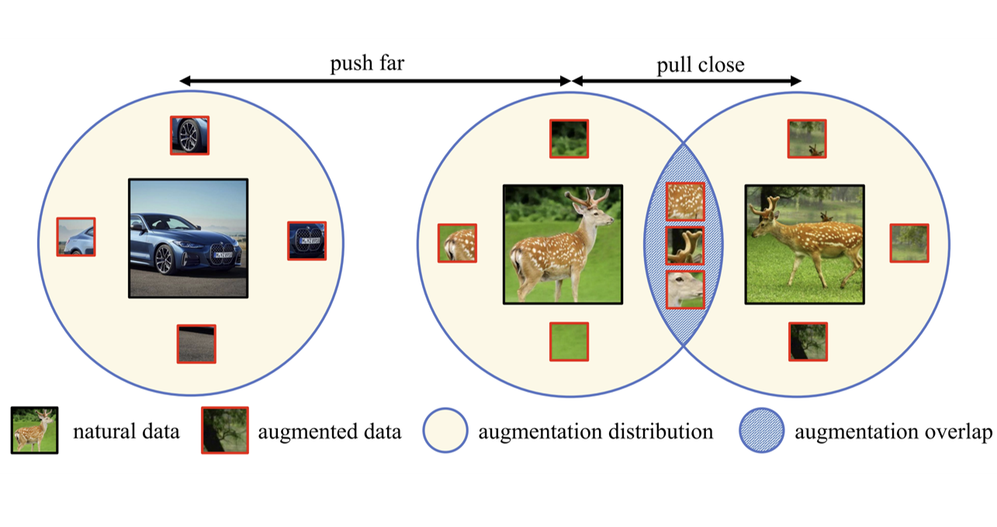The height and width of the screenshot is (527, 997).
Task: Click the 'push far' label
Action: (x=367, y=63)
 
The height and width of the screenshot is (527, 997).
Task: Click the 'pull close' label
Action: (x=701, y=65)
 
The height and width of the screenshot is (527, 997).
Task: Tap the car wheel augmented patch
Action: (x=189, y=136)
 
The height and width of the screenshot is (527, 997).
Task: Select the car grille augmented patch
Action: (x=306, y=240)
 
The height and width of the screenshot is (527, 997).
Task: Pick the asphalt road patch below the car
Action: (x=196, y=344)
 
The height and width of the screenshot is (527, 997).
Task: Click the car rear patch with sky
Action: (x=76, y=236)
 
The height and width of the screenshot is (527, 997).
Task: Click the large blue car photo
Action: (x=189, y=239)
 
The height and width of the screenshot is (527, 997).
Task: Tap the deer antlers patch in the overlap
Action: (x=685, y=246)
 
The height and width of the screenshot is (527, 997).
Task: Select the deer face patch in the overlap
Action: (x=685, y=290)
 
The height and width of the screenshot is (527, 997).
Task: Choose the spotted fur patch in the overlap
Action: (x=685, y=201)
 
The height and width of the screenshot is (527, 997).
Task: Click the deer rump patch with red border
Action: (x=457, y=243)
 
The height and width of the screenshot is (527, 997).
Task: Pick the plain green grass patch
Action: (x=569, y=342)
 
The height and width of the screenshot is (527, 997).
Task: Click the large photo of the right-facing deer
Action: (x=563, y=245)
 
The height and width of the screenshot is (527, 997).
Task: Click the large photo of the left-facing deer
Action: (x=805, y=245)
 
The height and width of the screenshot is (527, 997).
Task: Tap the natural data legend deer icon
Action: (x=35, y=430)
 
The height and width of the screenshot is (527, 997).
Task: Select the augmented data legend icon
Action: (x=225, y=430)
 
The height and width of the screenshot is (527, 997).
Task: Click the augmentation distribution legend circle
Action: (x=445, y=430)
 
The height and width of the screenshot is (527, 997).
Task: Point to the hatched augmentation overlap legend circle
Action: (x=762, y=430)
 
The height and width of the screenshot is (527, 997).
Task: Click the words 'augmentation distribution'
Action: (x=596, y=432)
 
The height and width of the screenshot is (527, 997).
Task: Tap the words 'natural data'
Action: (x=126, y=432)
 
